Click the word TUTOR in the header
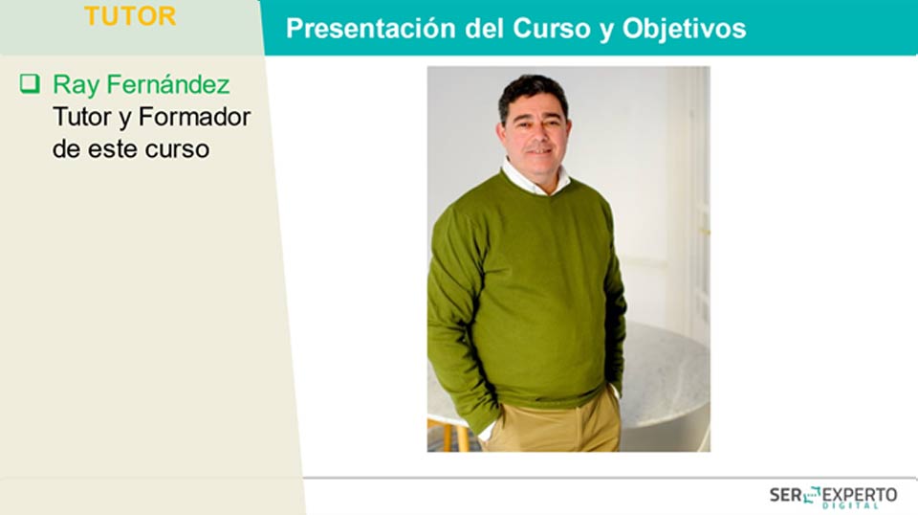coord(130,16)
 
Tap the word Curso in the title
coord(551,29)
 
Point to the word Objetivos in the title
coord(684,29)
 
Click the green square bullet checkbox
coord(30,84)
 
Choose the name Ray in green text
coord(76,85)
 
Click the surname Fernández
coord(168,84)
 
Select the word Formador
coord(194,117)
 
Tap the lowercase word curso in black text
coord(177,149)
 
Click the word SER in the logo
coord(786,495)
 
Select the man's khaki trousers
coord(557,425)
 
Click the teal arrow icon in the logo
coord(812,495)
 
